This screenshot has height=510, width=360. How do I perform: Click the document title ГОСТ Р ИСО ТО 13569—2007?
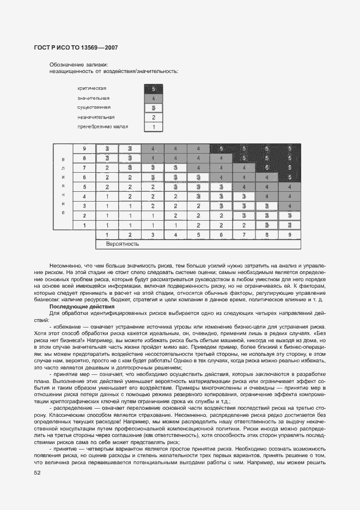click(x=76, y=48)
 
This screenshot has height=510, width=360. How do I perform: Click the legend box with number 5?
click(x=154, y=88)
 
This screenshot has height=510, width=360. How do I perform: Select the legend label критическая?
click(x=92, y=88)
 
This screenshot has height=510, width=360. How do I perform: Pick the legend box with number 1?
click(x=154, y=127)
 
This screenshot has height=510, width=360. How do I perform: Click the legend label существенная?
click(x=94, y=107)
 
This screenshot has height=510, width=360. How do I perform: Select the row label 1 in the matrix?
click(x=84, y=225)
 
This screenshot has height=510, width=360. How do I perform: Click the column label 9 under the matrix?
click(x=289, y=235)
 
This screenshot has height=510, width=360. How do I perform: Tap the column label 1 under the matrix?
click(x=107, y=235)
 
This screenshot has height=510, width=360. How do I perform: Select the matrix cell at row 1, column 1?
click(x=107, y=225)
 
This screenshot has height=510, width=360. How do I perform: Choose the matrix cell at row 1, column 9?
click(x=289, y=225)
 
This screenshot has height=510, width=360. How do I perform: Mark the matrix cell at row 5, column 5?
click(x=198, y=187)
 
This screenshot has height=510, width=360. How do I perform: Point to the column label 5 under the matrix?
click(x=198, y=235)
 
